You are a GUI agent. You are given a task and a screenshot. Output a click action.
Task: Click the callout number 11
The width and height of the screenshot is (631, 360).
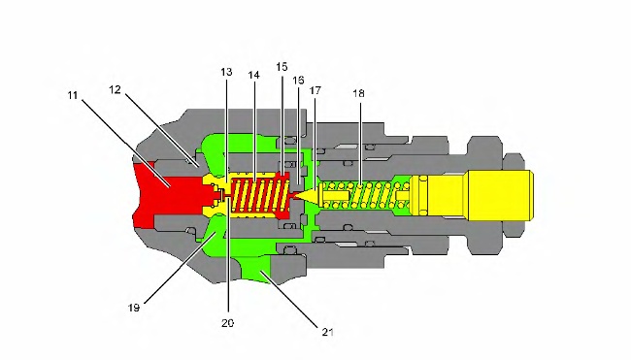pyautogui.click(x=73, y=95)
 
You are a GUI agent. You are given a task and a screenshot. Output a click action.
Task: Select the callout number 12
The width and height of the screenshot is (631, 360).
pyautogui.click(x=116, y=89)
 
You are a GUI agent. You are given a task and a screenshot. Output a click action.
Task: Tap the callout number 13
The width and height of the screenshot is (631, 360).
pyautogui.click(x=226, y=72)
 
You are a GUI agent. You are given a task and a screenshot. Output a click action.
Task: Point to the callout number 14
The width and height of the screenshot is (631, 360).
pyautogui.click(x=254, y=75)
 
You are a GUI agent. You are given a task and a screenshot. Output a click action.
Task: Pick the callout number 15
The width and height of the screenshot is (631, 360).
pyautogui.click(x=282, y=67)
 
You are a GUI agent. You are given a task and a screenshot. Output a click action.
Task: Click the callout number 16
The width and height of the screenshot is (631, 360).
pyautogui.click(x=298, y=81)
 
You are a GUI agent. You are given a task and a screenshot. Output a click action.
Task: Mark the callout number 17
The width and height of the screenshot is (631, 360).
pyautogui.click(x=315, y=90)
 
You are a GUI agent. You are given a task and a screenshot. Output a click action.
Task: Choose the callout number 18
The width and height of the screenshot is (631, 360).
pyautogui.click(x=358, y=93)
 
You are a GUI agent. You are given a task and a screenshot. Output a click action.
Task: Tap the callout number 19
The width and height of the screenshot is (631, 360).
pyautogui.click(x=134, y=308)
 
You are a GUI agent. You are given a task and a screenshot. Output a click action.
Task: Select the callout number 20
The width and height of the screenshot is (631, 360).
pyautogui.click(x=228, y=323)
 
